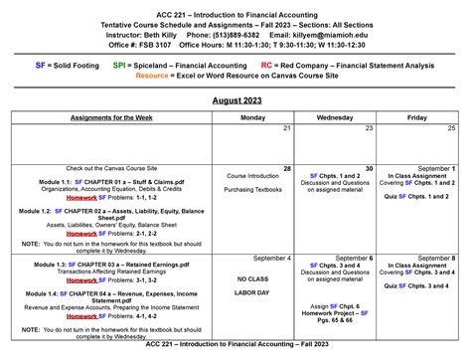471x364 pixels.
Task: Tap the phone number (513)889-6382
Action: pyautogui.click(x=230, y=33)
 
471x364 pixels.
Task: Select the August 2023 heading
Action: pyautogui.click(x=235, y=101)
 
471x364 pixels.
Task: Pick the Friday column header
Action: pyautogui.click(x=416, y=117)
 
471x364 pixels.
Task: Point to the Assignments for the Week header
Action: pyautogui.click(x=111, y=117)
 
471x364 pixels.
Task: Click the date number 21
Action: pyautogui.click(x=287, y=128)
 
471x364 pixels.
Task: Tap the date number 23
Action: pyautogui.click(x=369, y=128)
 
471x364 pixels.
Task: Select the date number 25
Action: pyautogui.click(x=451, y=128)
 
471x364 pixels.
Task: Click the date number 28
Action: pyautogui.click(x=287, y=169)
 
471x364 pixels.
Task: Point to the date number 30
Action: pyautogui.click(x=369, y=169)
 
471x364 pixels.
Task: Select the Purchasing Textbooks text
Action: pyautogui.click(x=252, y=190)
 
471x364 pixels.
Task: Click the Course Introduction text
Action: pyautogui.click(x=252, y=176)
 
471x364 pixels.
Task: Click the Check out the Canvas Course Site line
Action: pyautogui.click(x=110, y=168)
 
